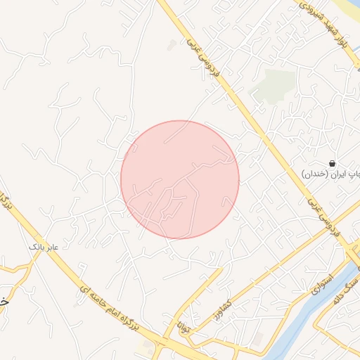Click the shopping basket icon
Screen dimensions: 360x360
pyautogui.click(x=332, y=163)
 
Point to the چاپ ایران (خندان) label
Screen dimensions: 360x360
pyautogui.click(x=330, y=173)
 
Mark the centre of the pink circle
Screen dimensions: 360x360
pyautogui.click(x=180, y=179)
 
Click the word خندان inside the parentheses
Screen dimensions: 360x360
pyautogui.click(x=315, y=173)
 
